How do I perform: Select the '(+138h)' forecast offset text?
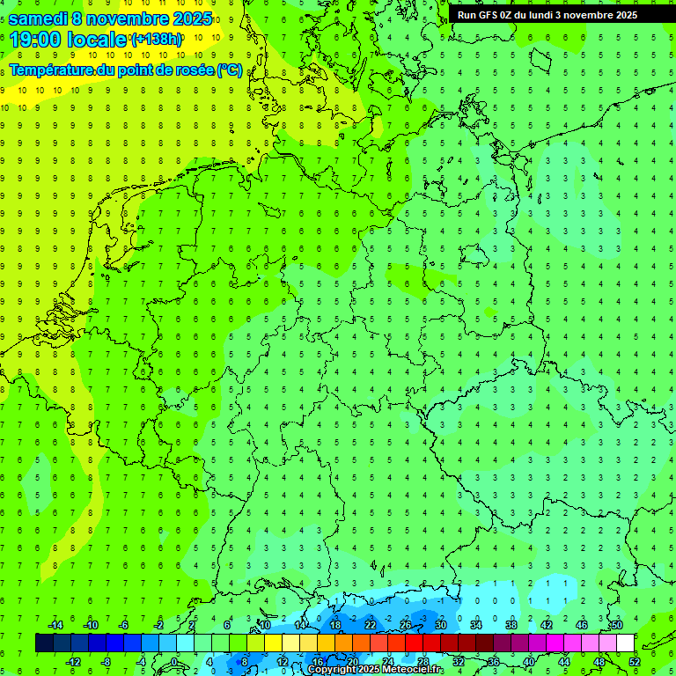(156, 39)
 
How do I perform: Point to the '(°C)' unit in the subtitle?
(230, 70)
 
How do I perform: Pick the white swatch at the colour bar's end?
(625, 643)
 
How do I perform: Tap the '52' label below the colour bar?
(635, 662)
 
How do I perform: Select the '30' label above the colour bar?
(441, 625)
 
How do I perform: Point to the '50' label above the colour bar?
(617, 625)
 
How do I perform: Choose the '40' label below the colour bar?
(529, 662)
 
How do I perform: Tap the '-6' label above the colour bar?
(124, 625)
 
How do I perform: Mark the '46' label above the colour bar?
(582, 625)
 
